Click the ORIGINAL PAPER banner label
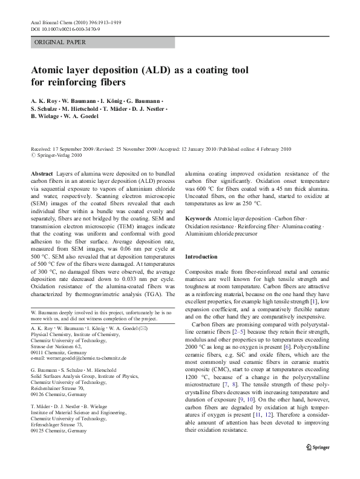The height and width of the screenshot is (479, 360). click(x=60, y=42)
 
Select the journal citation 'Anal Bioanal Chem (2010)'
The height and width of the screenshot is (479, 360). click(x=61, y=22)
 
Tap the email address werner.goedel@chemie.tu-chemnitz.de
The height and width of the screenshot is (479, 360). click(x=79, y=358)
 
